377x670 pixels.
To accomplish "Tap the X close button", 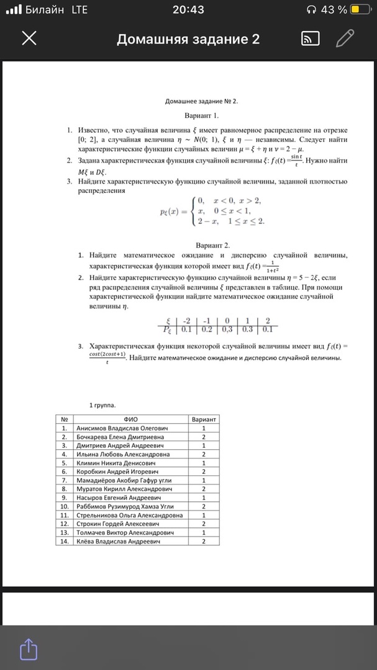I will click(29, 40).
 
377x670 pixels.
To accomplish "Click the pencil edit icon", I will click(345, 39).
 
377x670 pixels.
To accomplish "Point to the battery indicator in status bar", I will click(360, 9).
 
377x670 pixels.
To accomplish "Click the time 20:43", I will click(188, 9).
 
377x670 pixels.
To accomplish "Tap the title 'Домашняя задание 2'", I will click(188, 40).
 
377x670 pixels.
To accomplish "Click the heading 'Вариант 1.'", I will click(202, 115).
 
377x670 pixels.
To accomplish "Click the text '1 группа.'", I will click(102, 405).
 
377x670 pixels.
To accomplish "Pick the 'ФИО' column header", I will click(131, 419).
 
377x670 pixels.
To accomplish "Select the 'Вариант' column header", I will click(204, 419).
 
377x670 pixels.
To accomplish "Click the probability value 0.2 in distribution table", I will click(207, 329).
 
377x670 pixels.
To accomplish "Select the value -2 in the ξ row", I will click(186, 321).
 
